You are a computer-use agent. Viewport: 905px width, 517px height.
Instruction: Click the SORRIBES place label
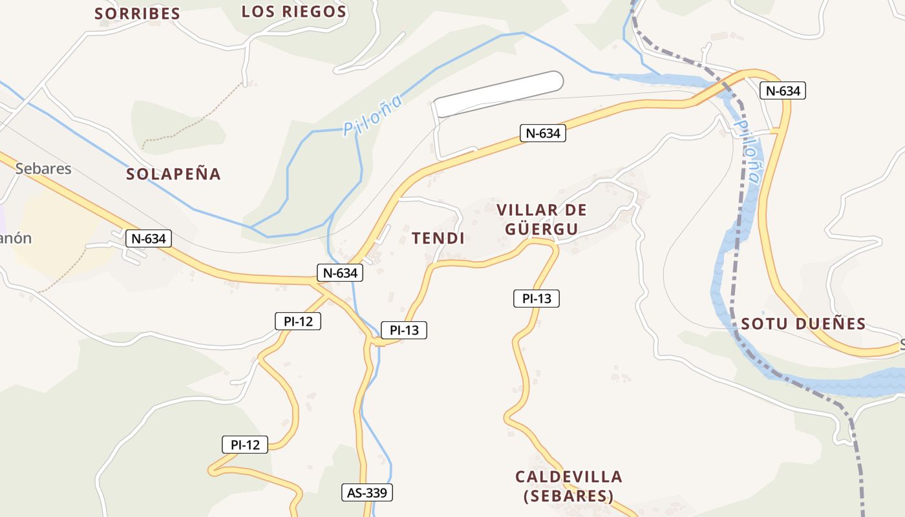tap(137, 14)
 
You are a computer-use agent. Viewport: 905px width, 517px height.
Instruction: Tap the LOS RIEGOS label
tap(294, 12)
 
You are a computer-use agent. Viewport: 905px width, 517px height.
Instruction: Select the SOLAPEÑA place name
tap(173, 174)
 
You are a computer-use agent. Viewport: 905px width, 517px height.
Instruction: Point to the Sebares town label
tap(43, 169)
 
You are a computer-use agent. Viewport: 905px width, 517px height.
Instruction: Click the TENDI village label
tap(438, 238)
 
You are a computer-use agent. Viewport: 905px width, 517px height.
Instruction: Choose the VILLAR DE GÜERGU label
tap(542, 220)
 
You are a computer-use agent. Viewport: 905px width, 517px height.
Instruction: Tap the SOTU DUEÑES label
tap(804, 324)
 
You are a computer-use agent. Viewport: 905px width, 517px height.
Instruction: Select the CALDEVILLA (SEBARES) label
tap(569, 486)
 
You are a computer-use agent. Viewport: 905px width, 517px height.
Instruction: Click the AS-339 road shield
tap(367, 493)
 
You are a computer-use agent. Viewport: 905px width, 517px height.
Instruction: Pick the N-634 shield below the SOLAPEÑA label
tap(149, 238)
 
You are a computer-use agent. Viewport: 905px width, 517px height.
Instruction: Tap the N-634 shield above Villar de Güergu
tap(543, 134)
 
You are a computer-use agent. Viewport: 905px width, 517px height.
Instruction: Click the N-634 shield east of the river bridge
tap(782, 91)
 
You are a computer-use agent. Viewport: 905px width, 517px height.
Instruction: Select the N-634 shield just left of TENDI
tap(339, 273)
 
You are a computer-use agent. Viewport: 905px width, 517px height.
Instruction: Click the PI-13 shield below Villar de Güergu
tap(537, 299)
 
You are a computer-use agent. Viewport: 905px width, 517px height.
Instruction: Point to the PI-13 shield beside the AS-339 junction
tap(404, 331)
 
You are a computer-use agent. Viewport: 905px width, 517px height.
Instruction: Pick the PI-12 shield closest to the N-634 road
tap(298, 321)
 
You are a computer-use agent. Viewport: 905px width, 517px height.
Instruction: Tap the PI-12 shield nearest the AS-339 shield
tap(245, 445)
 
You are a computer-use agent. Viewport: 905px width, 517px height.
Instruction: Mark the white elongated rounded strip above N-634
tap(498, 94)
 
